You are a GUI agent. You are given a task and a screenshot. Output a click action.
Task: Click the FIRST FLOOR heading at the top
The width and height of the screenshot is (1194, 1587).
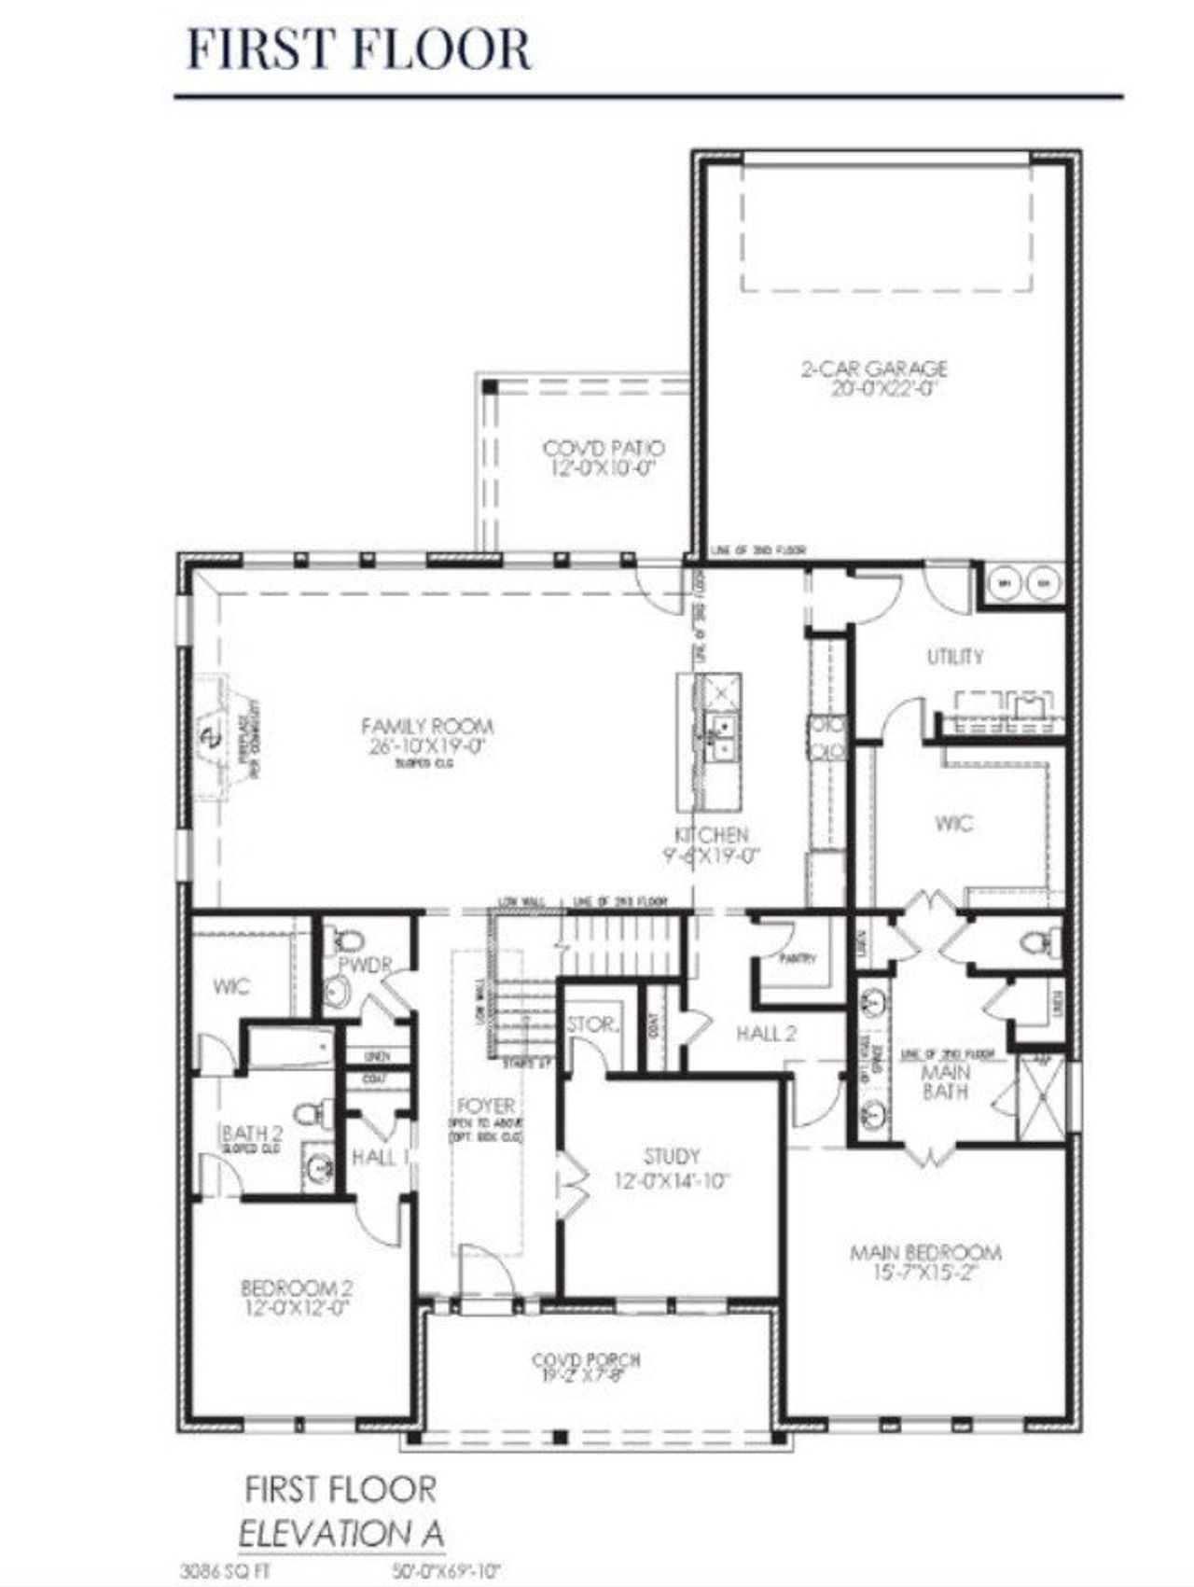359,49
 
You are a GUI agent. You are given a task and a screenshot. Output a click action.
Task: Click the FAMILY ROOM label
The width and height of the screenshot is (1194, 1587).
427,726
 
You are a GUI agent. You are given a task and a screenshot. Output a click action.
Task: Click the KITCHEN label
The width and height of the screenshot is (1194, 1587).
712,834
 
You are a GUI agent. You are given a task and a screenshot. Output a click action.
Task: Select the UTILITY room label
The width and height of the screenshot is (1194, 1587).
954,657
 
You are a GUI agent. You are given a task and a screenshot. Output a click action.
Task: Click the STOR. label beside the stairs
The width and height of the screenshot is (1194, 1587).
593,1024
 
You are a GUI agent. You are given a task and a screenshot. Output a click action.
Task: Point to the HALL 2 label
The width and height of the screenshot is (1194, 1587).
766,1033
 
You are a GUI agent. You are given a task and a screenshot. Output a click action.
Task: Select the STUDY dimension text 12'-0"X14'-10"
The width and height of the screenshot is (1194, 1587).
672,1181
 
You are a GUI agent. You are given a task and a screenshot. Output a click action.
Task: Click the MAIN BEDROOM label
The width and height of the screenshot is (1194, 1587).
925,1252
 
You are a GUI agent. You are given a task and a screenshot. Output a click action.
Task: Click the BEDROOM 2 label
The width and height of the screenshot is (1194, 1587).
297,1288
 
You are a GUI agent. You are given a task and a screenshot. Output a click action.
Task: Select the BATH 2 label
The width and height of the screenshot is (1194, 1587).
252,1134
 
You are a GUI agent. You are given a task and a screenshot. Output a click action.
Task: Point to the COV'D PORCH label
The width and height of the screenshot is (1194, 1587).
586,1360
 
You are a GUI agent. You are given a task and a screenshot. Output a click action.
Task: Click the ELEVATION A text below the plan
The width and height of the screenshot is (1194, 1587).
341,1533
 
